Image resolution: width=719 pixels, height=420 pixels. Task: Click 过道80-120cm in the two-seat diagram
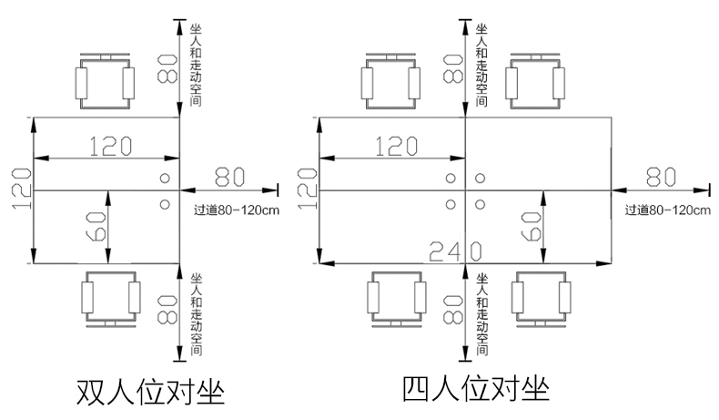click(236, 209)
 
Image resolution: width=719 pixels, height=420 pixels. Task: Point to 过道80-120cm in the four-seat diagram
click(667, 210)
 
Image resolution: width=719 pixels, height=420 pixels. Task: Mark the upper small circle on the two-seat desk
click(166, 178)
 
